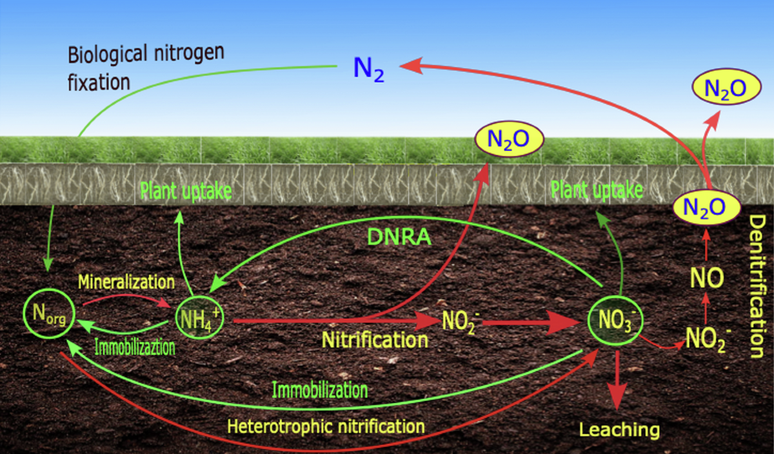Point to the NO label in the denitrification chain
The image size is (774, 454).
[x=706, y=279]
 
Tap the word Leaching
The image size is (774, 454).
[x=619, y=429]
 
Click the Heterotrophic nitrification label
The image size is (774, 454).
[x=326, y=426]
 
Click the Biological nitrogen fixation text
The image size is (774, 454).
[x=146, y=67]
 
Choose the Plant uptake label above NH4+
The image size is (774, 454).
[x=186, y=192]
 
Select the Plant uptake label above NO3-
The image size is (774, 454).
[x=597, y=190]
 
